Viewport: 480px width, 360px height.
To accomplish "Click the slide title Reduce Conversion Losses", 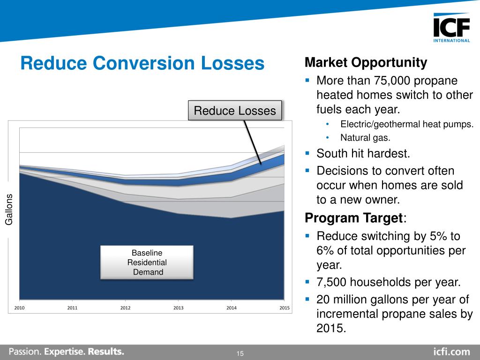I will point(142,63).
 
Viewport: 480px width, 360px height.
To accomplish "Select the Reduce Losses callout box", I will point(235,111).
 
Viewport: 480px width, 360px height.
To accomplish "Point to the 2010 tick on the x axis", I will point(19,308).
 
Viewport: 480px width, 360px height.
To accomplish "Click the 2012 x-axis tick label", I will point(126,308).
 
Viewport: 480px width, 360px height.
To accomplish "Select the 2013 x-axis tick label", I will point(179,308).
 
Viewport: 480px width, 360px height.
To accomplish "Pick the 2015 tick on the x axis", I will point(285,308).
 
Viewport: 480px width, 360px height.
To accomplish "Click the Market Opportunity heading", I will point(366,62).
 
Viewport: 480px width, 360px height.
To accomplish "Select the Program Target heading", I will point(354,218).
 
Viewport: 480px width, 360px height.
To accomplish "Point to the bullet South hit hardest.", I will point(363,153).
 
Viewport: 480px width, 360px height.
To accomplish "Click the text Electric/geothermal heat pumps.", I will point(406,124).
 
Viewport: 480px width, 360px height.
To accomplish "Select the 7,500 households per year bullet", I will point(389,282).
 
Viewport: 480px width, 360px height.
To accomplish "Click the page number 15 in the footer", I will point(240,353).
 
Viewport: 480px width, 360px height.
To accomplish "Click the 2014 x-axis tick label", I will point(232,308).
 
